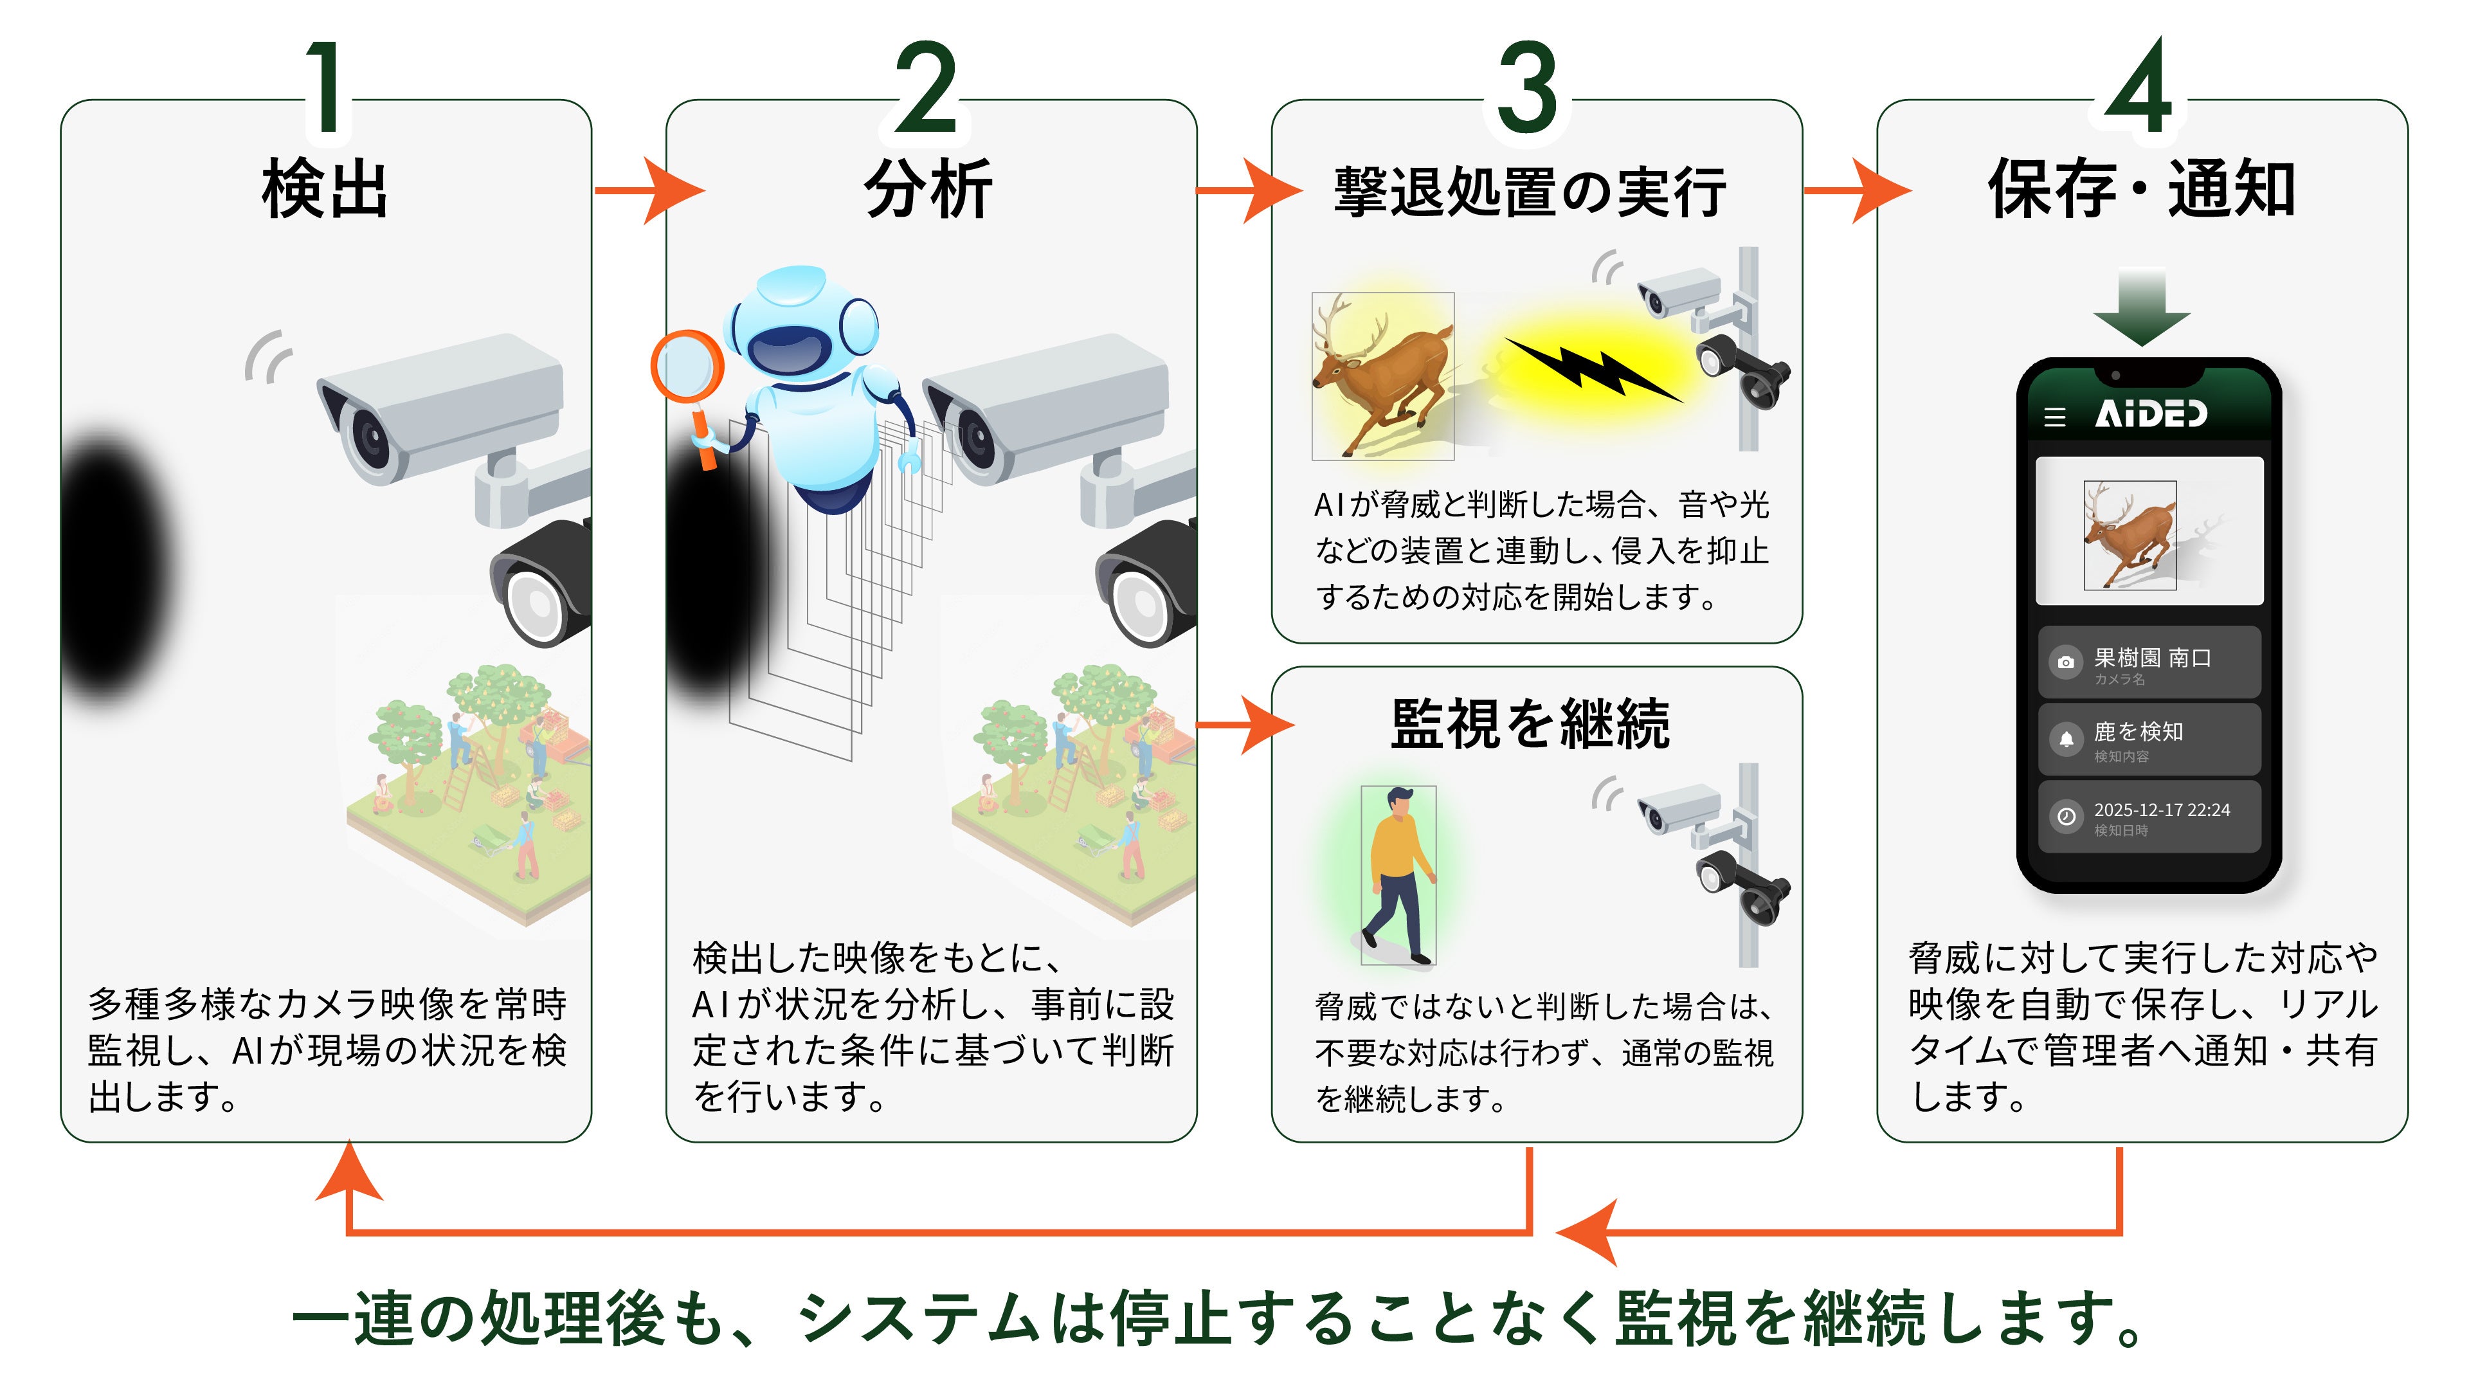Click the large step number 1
[326, 88]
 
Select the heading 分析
[928, 190]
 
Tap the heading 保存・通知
[2141, 190]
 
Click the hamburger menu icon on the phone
[2054, 417]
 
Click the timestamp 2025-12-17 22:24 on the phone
[2161, 810]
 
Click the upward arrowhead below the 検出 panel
[349, 1174]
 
